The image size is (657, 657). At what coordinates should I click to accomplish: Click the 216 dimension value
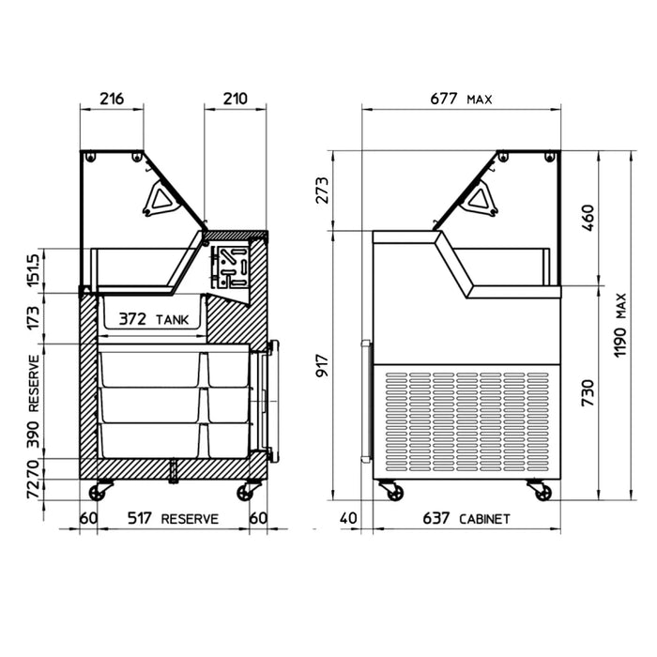coord(112,99)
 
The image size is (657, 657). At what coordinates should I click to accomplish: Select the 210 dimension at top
coord(235,99)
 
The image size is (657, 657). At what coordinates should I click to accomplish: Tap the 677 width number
coord(444,99)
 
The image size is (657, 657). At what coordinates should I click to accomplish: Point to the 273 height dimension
coord(322,191)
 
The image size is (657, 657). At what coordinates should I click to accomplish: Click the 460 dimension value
coord(588,218)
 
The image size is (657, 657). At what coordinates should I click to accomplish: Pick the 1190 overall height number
coord(619,342)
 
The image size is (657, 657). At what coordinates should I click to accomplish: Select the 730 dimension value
coord(588,393)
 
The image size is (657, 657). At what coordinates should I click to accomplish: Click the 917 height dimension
coord(322,365)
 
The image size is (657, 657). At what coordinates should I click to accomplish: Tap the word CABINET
coord(485,519)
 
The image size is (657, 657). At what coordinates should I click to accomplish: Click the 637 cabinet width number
coord(436,518)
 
